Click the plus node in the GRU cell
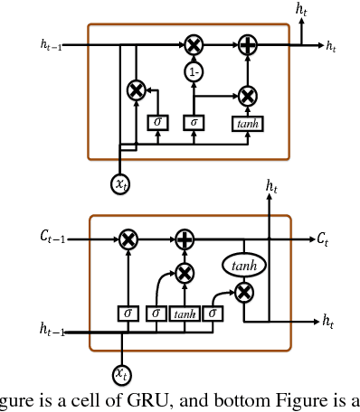[247, 43]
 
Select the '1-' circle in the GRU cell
[193, 70]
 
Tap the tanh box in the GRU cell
[247, 123]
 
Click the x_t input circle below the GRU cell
[121, 184]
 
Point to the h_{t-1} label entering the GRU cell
[52, 43]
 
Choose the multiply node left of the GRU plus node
[193, 43]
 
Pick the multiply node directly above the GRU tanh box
[247, 94]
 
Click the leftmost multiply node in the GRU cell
[137, 89]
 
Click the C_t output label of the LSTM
[323, 238]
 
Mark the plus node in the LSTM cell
[185, 239]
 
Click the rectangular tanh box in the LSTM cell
[185, 314]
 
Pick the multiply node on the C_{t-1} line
[128, 239]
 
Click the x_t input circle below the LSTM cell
[121, 372]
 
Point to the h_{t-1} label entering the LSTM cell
[52, 332]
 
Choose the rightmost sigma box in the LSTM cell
[213, 314]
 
